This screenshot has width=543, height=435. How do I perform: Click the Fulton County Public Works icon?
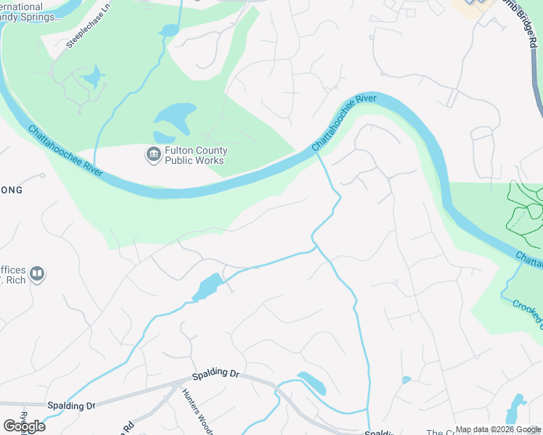(153, 154)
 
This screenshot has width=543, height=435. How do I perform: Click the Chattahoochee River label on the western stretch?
(65, 152)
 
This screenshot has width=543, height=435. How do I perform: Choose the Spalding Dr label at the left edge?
(70, 405)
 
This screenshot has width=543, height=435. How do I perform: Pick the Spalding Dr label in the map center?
(216, 376)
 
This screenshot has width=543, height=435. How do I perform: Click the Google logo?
(24, 426)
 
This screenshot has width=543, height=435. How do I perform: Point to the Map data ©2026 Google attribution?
(497, 429)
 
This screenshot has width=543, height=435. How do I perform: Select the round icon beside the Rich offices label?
(37, 274)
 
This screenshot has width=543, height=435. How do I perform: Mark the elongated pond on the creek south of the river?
(208, 287)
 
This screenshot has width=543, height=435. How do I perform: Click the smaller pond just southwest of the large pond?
(163, 137)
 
